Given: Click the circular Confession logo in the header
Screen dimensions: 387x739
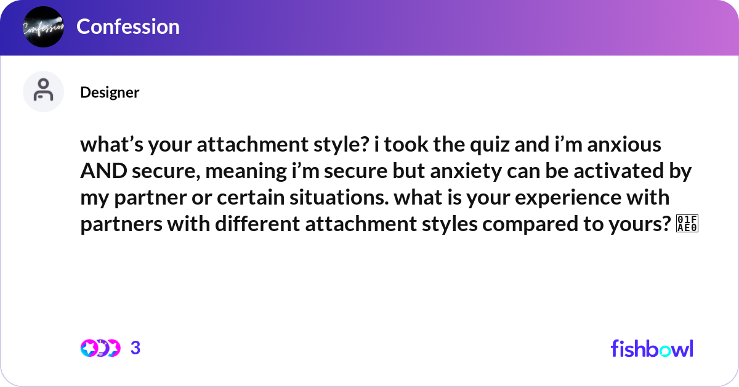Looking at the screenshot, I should (43, 27).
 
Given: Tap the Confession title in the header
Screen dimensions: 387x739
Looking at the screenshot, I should (128, 26).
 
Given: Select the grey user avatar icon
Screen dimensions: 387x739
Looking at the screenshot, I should (43, 91).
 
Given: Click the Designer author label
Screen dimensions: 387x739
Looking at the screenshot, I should (110, 92).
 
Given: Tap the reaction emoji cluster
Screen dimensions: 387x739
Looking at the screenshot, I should (100, 348).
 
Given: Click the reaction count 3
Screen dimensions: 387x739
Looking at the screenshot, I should (135, 348).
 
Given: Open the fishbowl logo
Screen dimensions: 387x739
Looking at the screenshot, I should (652, 348).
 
